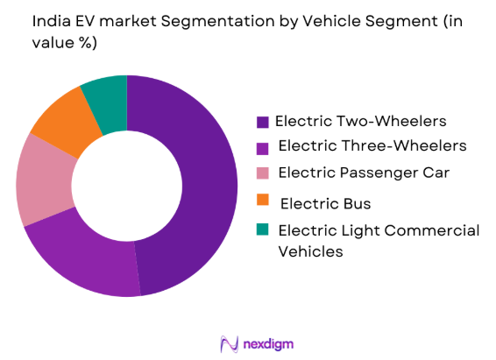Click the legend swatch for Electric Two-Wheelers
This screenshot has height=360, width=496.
pos(262,121)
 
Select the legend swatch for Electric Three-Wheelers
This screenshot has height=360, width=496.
pos(262,145)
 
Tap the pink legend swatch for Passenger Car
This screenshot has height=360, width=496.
pos(262,173)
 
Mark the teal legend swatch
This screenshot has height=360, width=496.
pos(262,230)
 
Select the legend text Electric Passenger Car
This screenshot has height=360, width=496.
pos(364,173)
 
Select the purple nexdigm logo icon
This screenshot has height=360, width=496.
pos(229,343)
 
